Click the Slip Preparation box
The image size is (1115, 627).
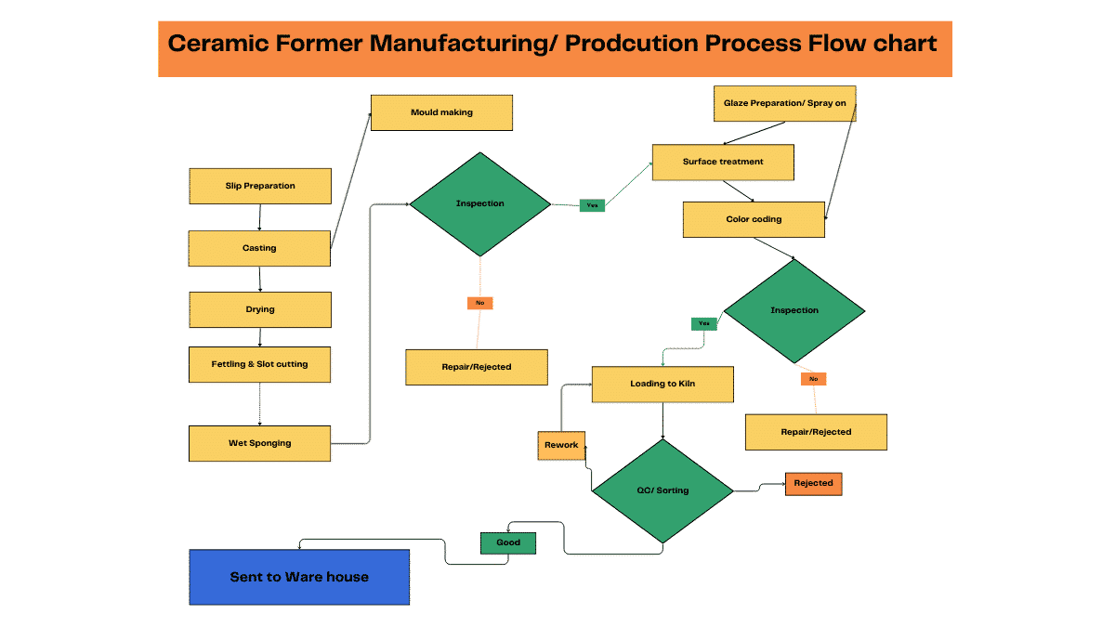(260, 186)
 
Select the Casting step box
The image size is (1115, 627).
(260, 248)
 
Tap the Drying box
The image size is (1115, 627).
(260, 309)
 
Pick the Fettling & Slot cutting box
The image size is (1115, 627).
(260, 364)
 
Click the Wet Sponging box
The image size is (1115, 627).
(260, 443)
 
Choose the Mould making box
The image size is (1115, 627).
(441, 112)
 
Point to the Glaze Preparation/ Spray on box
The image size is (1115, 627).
(784, 103)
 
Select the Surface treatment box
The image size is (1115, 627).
(723, 162)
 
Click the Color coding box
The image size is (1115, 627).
(754, 219)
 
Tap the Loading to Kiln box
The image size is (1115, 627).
(662, 384)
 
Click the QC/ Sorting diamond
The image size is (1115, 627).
(662, 490)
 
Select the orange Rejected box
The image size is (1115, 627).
(813, 483)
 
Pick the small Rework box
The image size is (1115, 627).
(561, 445)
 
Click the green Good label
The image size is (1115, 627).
(508, 542)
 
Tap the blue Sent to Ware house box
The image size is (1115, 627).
(299, 577)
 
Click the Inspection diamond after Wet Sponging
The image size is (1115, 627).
(480, 203)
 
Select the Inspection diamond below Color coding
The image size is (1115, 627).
(794, 310)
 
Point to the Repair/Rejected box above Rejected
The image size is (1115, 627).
(816, 432)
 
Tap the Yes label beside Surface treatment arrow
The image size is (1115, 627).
(592, 205)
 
